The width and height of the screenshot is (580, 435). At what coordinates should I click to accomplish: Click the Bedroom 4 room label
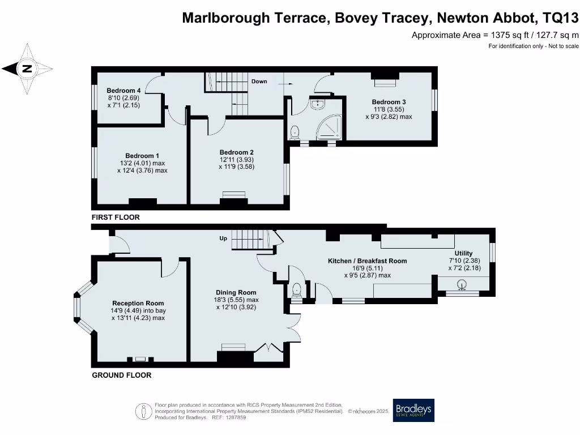click(123, 91)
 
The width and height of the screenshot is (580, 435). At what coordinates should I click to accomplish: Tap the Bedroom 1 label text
click(142, 156)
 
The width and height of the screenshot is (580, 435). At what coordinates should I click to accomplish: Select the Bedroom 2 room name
click(236, 152)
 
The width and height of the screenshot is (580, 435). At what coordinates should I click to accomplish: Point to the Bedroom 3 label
click(389, 102)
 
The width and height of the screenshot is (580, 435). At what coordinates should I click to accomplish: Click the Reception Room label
click(138, 303)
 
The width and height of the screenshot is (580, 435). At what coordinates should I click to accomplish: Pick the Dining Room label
click(237, 292)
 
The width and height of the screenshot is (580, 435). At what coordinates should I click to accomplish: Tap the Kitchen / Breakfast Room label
click(368, 261)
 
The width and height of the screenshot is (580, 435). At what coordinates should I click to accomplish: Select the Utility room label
click(463, 253)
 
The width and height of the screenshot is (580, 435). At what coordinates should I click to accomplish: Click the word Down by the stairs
click(259, 82)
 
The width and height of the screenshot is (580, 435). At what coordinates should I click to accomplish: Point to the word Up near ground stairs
click(223, 238)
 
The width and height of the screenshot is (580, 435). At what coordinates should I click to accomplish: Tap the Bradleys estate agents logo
click(413, 410)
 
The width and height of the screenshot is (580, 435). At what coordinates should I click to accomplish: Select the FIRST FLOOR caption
click(116, 217)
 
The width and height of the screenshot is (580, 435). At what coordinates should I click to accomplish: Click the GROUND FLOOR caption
click(122, 375)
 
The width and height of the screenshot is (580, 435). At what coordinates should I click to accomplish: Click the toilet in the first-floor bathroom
click(295, 133)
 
